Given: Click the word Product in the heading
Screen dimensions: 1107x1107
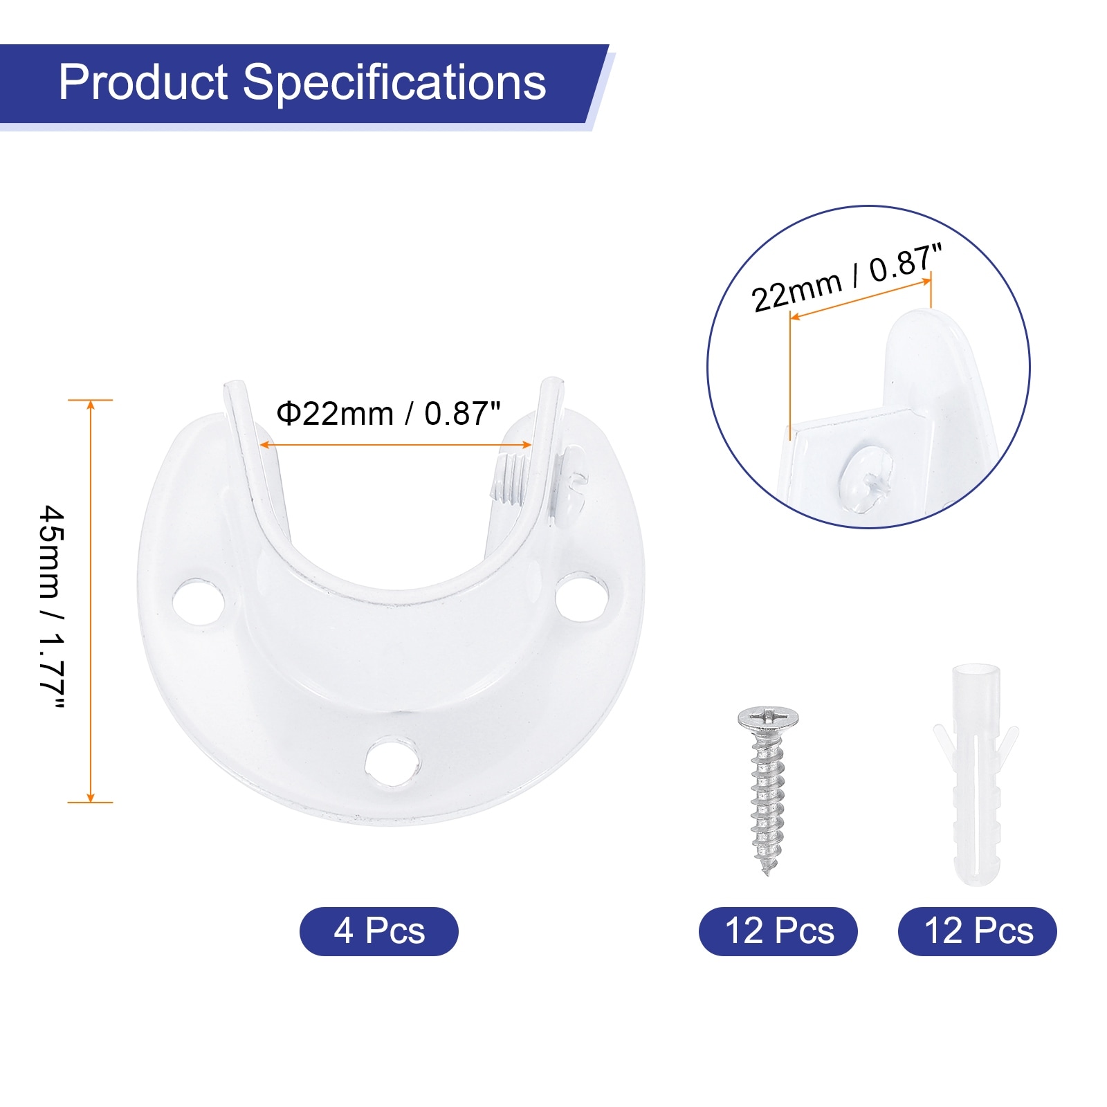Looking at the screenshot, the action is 143,82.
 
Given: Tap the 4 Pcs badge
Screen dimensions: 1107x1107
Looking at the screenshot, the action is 378,931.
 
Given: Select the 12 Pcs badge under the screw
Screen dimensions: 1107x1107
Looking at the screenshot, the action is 778,931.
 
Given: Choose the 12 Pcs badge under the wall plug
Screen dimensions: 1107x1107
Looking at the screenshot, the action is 978,931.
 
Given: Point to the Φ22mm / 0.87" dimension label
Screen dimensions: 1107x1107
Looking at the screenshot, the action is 388,414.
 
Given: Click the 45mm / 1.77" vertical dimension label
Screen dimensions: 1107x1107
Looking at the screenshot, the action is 51,607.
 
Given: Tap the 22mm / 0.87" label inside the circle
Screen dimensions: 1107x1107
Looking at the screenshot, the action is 847,277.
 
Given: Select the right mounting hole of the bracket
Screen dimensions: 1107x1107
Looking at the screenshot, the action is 582,596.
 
